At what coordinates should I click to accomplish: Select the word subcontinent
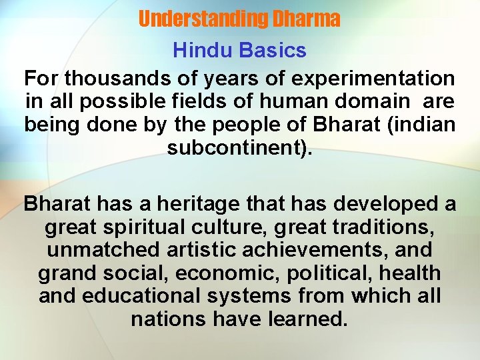[236, 147]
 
